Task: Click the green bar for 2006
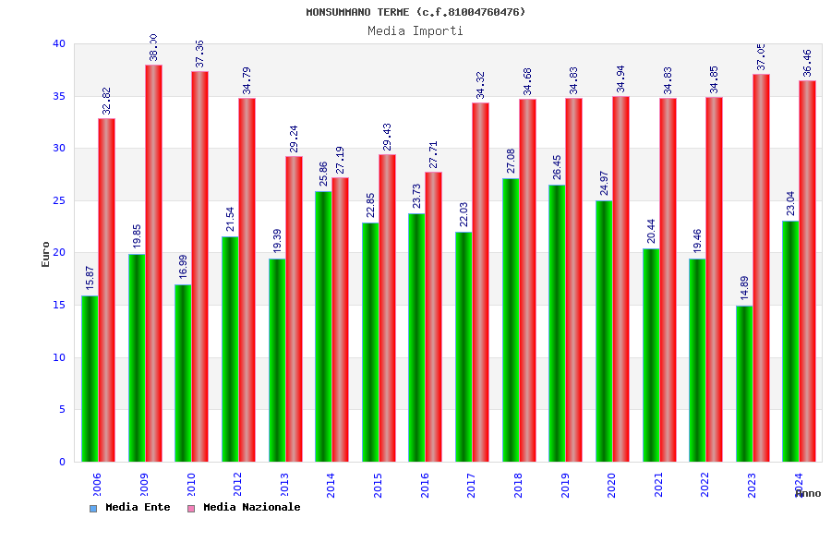(90, 379)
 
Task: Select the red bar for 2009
(153, 263)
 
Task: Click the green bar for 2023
(744, 383)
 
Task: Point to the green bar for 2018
(511, 319)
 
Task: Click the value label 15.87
(90, 278)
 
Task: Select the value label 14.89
(745, 288)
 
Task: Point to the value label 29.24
(295, 139)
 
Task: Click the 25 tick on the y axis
(59, 200)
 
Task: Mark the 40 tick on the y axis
(59, 43)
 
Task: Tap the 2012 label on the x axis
(237, 485)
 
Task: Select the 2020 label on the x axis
(611, 485)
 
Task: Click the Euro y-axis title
(46, 254)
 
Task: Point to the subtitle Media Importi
(415, 30)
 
